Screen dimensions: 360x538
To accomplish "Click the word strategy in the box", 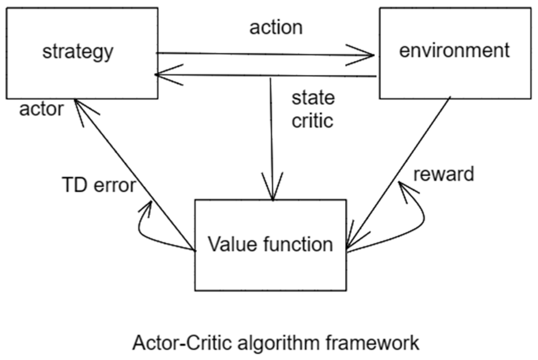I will (x=78, y=52).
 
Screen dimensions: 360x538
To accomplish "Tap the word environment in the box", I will (x=454, y=51).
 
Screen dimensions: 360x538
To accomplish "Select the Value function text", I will (x=270, y=244).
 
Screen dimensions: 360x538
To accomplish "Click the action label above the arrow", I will (x=276, y=28).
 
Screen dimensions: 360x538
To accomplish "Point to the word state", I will (x=313, y=98).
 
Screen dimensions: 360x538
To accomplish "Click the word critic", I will (x=312, y=121).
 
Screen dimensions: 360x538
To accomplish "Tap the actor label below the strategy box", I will (x=41, y=109).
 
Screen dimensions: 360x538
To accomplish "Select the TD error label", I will (x=99, y=185).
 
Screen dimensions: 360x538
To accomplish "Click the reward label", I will (x=443, y=174).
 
